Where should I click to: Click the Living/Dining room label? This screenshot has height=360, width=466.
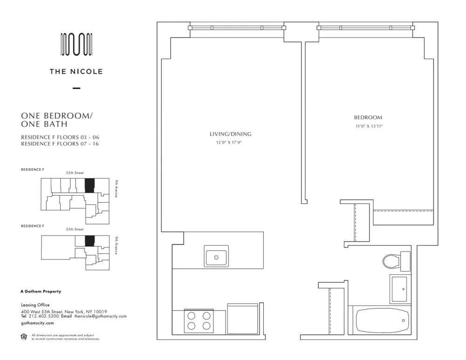point(230,134)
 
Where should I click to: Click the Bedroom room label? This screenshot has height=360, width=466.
point(368,118)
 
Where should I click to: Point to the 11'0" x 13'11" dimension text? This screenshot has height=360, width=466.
point(368,126)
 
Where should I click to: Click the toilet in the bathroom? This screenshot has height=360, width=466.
point(391,261)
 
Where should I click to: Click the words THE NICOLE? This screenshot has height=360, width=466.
point(76,72)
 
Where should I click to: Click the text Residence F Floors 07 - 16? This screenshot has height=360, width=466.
point(60,144)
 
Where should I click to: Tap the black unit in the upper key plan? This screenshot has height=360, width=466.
point(89,185)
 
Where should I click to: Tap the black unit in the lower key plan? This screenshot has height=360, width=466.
point(89,241)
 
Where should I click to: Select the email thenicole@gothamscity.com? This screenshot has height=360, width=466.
point(100,316)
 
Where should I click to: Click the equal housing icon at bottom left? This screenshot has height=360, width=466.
point(24,337)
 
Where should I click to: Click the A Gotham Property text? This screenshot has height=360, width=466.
point(41,292)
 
